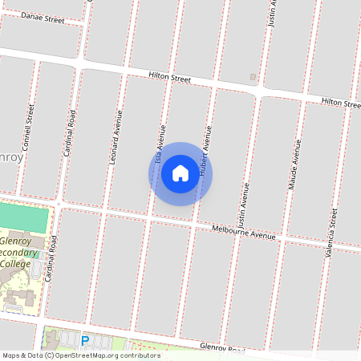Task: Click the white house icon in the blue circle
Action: [180, 173]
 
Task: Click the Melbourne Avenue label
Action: [243, 233]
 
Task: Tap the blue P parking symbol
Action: [84, 341]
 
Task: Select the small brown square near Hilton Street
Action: [253, 77]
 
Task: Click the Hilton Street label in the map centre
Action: [169, 78]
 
